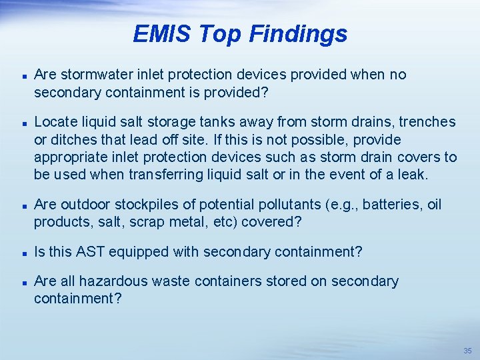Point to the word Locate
pos(55,122)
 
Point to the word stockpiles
pos(143,205)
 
